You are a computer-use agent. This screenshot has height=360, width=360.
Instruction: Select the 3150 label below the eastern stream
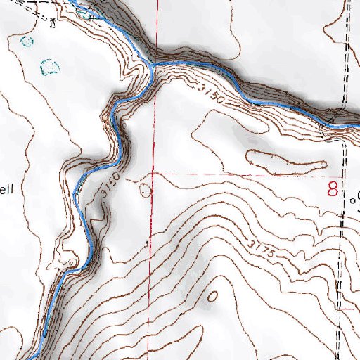[x=212, y=96]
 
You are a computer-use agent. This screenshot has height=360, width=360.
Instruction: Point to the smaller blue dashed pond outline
[x=27, y=41]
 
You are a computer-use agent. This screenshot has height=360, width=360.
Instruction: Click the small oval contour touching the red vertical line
[x=146, y=190]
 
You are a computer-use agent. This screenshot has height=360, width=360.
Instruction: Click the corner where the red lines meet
[x=153, y=173]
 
